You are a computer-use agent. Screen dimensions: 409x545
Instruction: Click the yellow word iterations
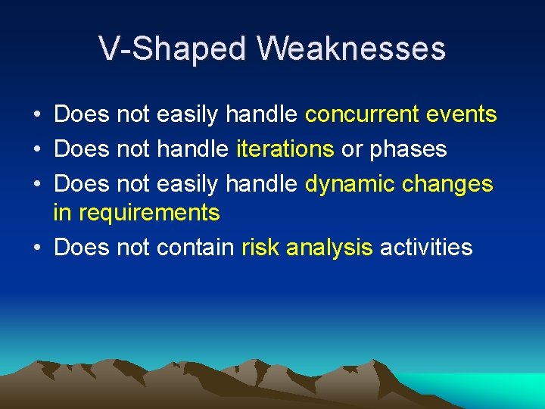tap(285, 148)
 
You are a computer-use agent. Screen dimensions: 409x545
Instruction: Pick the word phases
tap(408, 149)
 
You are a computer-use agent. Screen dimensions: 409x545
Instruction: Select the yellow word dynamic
tap(350, 183)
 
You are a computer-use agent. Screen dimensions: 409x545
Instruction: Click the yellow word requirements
tap(148, 214)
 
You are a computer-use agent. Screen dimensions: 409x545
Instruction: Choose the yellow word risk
tap(260, 247)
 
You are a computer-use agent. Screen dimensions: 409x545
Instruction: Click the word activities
tap(426, 247)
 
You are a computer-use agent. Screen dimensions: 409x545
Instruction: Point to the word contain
tap(195, 247)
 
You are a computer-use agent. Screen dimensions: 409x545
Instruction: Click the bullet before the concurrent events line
tap(36, 115)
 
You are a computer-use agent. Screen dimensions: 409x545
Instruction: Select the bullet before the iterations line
tap(36, 149)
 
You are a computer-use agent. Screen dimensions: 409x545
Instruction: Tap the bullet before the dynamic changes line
tap(36, 184)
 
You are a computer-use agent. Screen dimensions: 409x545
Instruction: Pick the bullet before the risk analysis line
tap(36, 248)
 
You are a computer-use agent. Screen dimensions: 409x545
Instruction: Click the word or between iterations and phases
tap(351, 149)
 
